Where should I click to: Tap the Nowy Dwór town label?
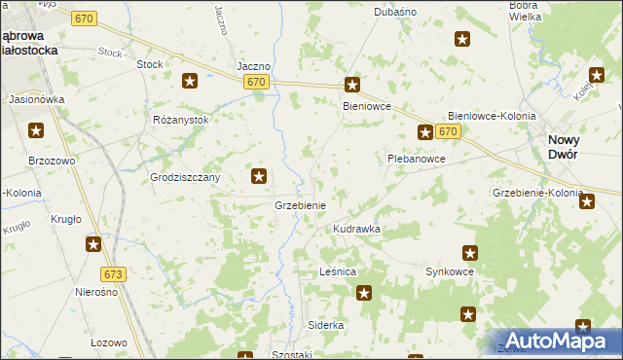(564, 148)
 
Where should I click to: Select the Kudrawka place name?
(356, 229)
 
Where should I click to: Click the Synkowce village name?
(450, 272)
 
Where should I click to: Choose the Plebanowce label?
(417, 159)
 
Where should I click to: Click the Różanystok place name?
(181, 120)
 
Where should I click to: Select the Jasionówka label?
(36, 99)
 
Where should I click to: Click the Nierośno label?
(96, 292)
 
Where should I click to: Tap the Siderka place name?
(326, 325)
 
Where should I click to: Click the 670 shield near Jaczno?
(257, 83)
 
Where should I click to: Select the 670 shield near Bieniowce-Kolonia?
(448, 131)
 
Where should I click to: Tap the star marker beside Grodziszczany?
(259, 176)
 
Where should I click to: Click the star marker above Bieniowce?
(352, 85)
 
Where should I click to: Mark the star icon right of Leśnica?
(364, 292)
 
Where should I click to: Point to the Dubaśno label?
(395, 12)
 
